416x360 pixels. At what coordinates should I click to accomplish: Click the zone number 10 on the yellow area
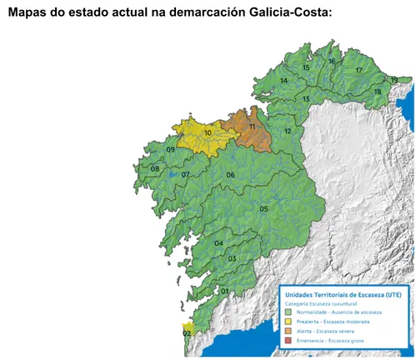(x=207, y=132)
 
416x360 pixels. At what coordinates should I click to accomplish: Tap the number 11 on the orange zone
(x=252, y=126)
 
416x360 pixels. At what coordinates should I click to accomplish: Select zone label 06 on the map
(x=230, y=175)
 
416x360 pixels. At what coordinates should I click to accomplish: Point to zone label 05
(x=263, y=208)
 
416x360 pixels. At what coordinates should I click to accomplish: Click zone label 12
(x=287, y=132)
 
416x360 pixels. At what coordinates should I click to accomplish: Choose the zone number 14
(x=284, y=80)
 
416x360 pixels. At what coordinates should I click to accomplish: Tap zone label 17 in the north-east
(x=359, y=71)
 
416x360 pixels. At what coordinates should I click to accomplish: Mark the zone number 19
(x=393, y=80)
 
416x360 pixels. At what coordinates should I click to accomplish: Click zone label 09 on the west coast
(x=170, y=150)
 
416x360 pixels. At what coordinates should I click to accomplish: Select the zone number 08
(x=155, y=169)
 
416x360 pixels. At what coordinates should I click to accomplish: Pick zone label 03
(x=232, y=259)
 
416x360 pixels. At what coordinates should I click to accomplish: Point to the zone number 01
(x=224, y=291)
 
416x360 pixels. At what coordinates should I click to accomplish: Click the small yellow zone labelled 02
(x=187, y=332)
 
